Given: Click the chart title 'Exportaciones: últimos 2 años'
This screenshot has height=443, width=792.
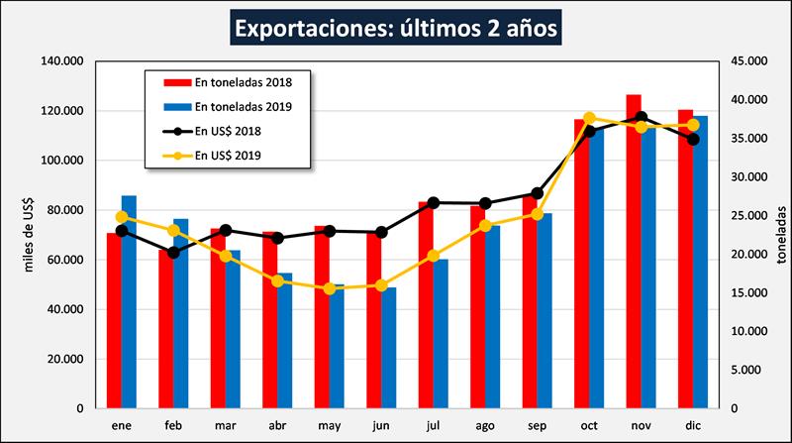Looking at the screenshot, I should (x=396, y=26).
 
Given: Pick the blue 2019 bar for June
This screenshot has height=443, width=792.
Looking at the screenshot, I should (x=388, y=348).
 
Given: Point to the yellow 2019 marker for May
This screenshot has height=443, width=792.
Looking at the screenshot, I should (x=330, y=288).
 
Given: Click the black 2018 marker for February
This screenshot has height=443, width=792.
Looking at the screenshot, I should (x=174, y=253).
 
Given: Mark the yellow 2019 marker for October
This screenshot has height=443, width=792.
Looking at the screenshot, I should (x=589, y=118).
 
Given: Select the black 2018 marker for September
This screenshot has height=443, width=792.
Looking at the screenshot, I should (x=538, y=193).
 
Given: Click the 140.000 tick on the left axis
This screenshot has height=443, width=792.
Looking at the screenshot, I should (x=61, y=61).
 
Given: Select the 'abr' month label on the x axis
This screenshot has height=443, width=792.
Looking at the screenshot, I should (x=278, y=426).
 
